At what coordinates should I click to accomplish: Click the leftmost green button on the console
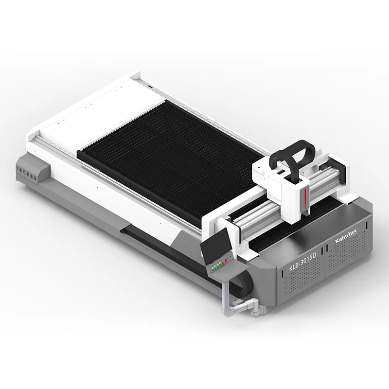pos(212,268)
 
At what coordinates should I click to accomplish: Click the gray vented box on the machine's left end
pos(33,171)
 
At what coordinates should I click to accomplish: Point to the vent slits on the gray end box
pos(27,171)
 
